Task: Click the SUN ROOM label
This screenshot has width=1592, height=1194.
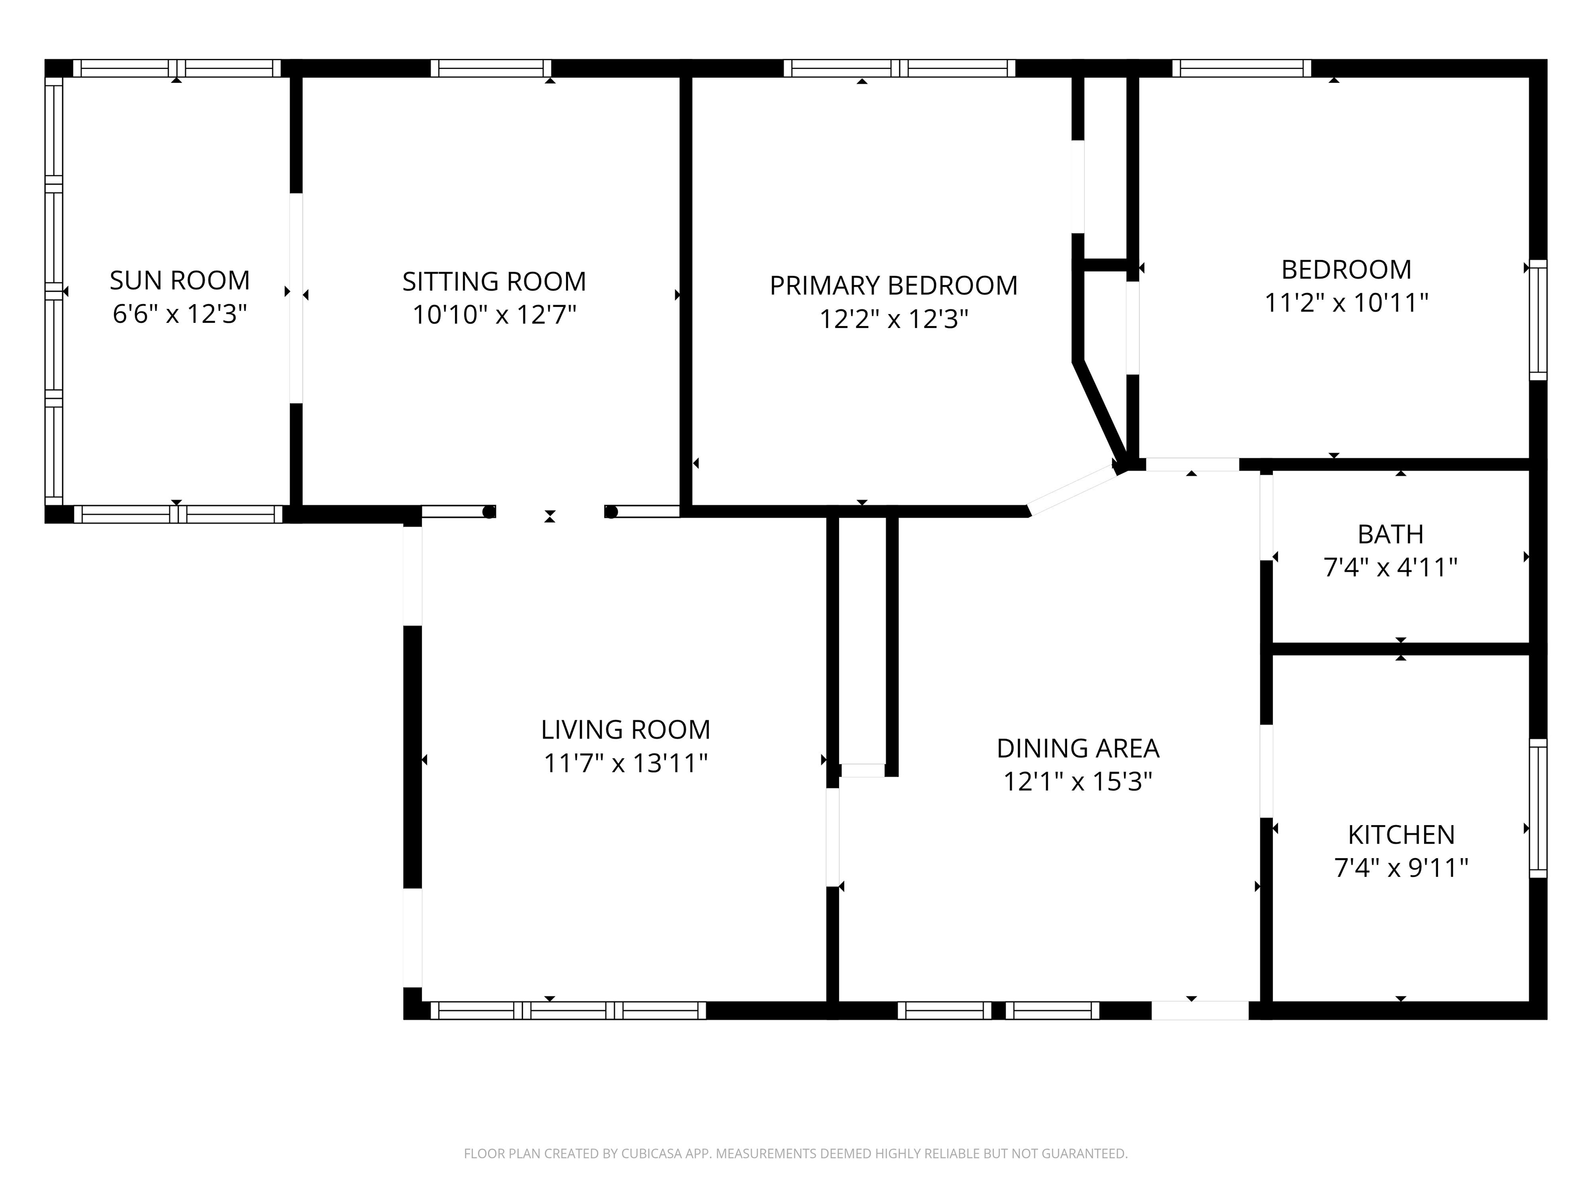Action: [180, 280]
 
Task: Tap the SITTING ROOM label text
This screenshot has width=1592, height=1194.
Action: [494, 281]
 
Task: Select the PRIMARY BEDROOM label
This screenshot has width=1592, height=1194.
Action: [894, 286]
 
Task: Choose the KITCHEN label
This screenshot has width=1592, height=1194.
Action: [1401, 835]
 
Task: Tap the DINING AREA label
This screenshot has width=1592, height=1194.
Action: [1077, 748]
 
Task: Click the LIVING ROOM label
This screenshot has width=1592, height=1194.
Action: [626, 730]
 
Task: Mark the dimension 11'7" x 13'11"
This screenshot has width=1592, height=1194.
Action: [626, 763]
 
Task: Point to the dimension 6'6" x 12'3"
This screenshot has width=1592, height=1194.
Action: [180, 314]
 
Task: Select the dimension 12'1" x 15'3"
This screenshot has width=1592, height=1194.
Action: [1077, 781]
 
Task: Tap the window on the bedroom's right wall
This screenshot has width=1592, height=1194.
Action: [1537, 320]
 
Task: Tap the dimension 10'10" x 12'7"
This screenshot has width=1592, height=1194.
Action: [494, 315]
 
